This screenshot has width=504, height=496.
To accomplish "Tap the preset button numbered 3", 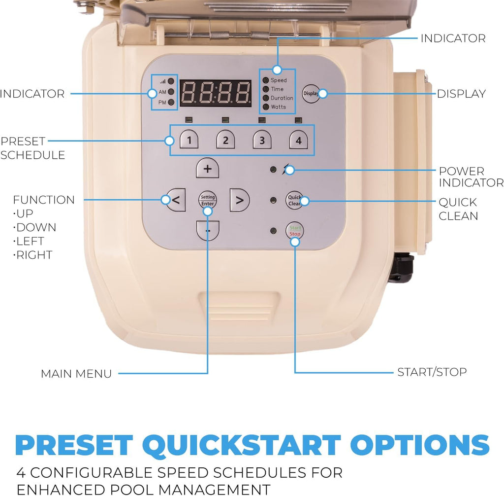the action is (x=262, y=140).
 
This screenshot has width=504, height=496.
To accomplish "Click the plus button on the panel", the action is (x=208, y=168).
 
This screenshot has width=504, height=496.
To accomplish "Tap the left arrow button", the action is (x=176, y=200).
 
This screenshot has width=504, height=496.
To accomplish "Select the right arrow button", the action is (x=240, y=200).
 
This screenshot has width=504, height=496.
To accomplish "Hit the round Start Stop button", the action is (x=295, y=231).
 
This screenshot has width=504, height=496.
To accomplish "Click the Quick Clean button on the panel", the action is (x=294, y=200).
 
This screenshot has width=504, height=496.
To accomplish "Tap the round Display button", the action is (x=311, y=94).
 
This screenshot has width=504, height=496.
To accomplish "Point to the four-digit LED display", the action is (x=216, y=93).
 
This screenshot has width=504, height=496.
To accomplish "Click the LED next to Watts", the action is (x=266, y=106).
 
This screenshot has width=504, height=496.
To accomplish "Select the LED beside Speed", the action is (x=266, y=80).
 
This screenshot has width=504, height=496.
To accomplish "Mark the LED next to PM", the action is (x=171, y=102).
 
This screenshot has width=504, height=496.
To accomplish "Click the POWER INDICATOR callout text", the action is (x=471, y=177).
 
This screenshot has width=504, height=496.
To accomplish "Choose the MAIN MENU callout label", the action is (x=76, y=374).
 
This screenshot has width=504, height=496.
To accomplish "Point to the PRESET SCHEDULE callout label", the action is (x=33, y=148).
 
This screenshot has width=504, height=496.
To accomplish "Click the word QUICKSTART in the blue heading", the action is (x=242, y=445).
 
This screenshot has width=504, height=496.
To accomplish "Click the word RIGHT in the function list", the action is (x=33, y=255).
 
